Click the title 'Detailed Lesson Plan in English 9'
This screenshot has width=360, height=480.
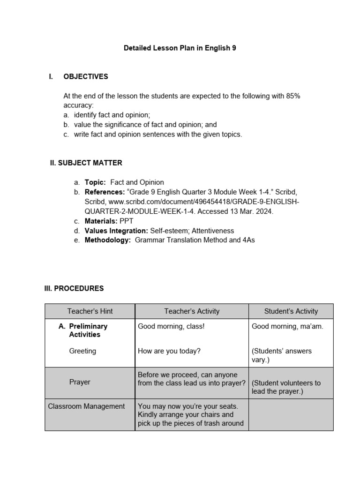[180, 48]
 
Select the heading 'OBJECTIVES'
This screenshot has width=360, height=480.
[86, 76]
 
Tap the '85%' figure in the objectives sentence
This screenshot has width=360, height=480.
[293, 96]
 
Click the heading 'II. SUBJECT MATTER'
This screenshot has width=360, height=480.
[86, 163]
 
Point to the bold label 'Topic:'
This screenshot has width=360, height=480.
[95, 182]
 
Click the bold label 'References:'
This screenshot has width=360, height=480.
[105, 192]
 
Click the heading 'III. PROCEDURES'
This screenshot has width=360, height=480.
[74, 288]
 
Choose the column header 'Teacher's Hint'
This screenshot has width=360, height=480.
[90, 311]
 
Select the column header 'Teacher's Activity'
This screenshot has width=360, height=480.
[192, 311]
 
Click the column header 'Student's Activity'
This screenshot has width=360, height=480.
[291, 311]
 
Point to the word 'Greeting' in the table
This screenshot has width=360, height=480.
[82, 351]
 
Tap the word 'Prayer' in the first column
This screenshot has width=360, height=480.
[80, 382]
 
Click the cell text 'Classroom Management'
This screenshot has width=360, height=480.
[86, 406]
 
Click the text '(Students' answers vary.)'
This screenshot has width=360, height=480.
[282, 355]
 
